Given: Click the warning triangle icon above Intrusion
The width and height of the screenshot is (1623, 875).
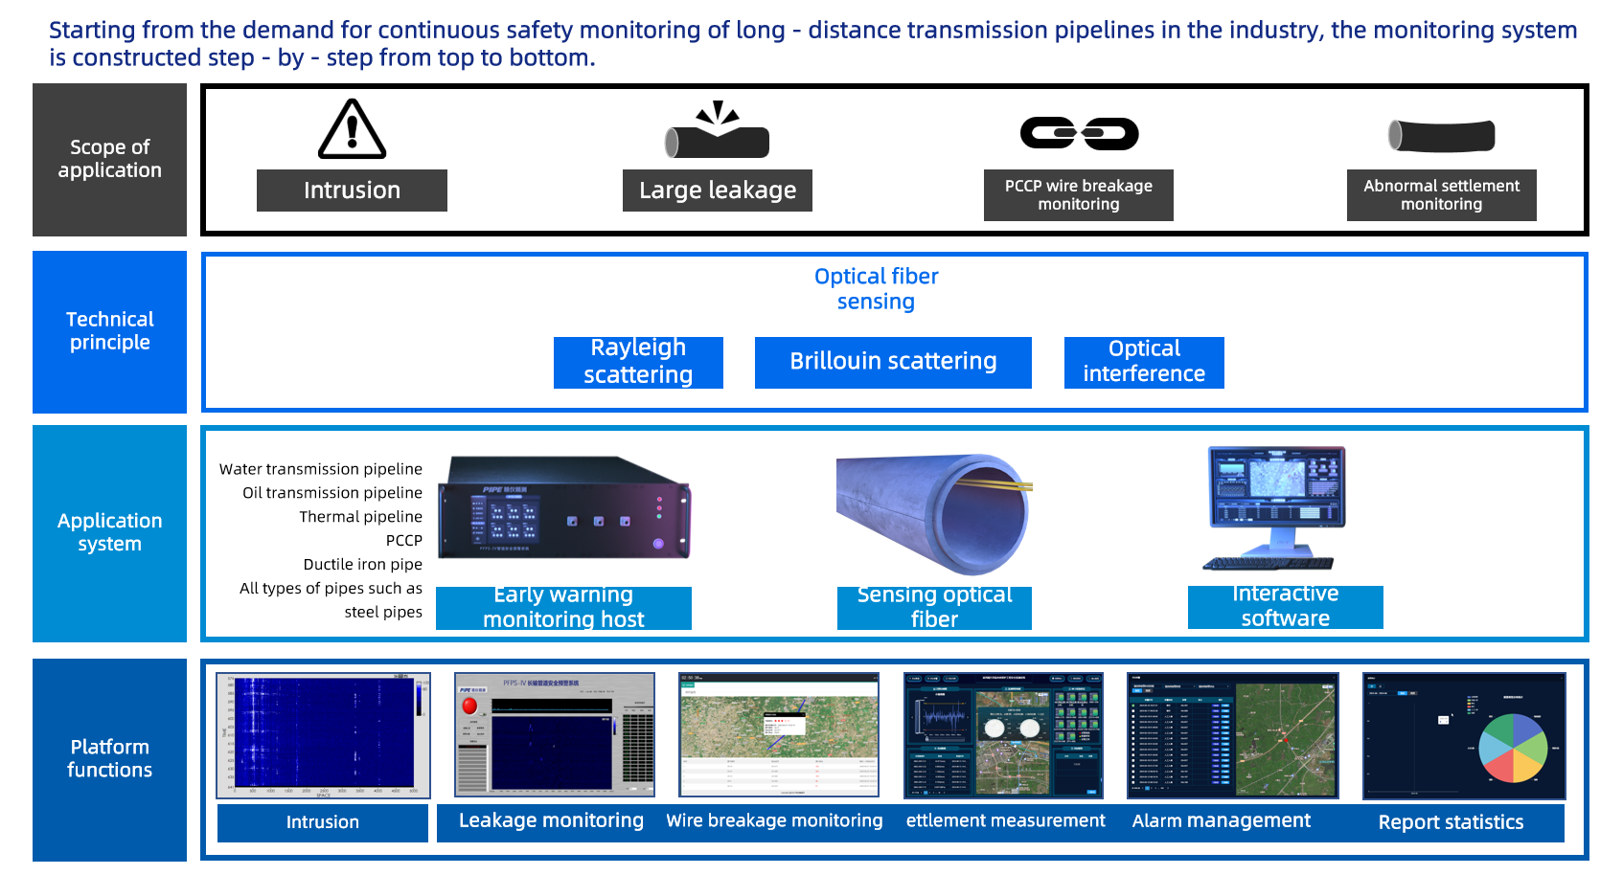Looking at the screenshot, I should [352, 129].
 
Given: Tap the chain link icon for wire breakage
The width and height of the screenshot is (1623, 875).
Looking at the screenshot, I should [1079, 133].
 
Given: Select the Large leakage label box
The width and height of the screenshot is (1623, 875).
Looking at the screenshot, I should [717, 191].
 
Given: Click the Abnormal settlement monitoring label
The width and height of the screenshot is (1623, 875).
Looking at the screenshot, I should [1441, 195].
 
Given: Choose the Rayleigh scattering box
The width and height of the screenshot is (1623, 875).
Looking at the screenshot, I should [638, 362].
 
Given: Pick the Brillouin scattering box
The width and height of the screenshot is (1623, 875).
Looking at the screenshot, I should [893, 362].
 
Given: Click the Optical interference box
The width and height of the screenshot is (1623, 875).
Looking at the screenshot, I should [1144, 362].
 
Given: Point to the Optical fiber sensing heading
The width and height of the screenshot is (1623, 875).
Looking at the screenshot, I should [876, 289].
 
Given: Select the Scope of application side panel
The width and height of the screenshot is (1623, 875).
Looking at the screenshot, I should [109, 160].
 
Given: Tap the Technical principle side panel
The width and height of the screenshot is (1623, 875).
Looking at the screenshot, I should [109, 331].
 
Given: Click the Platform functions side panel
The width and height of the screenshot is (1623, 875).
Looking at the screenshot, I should [109, 759].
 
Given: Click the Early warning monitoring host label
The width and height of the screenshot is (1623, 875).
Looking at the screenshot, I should [563, 608].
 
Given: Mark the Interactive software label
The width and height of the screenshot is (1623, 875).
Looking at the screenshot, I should [1285, 607].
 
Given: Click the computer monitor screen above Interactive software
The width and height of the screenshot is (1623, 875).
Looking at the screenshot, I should [1276, 485].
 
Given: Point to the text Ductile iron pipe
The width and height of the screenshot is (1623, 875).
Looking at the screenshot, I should [362, 565].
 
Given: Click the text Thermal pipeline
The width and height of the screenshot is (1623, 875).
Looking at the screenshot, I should [360, 517].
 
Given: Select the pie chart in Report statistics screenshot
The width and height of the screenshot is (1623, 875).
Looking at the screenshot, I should [1513, 748].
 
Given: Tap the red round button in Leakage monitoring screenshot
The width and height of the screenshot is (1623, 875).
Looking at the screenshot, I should [469, 706].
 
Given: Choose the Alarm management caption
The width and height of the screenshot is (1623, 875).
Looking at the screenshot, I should [1221, 821].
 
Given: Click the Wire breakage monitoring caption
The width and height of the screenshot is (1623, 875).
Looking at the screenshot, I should [774, 821].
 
